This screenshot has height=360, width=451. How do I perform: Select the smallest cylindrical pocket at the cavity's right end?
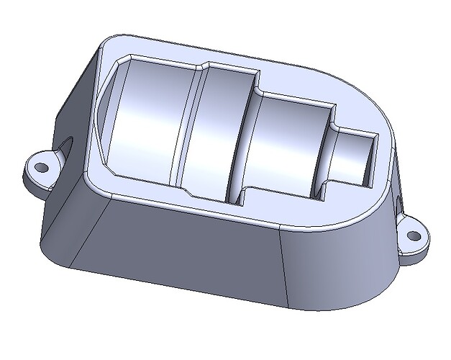[x=355, y=157]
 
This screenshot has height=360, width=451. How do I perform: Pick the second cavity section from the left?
[x=212, y=133]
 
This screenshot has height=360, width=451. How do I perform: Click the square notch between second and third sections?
[x=241, y=197]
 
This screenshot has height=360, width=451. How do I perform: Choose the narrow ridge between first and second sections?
[x=188, y=130]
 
